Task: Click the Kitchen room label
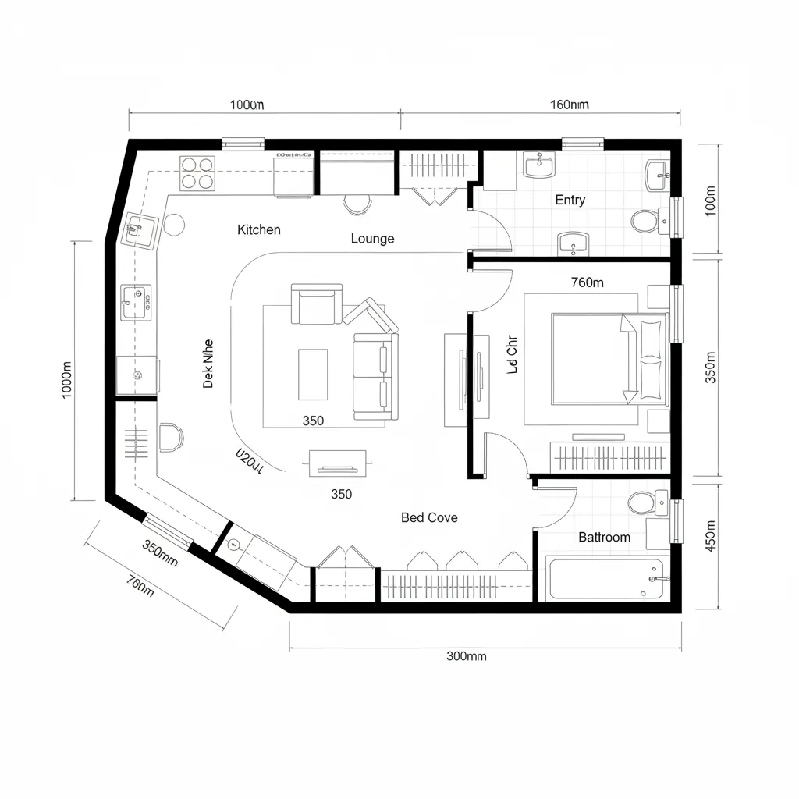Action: point(258,229)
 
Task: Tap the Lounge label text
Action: point(372,239)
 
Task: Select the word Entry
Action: point(570,200)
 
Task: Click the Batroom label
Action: point(604,538)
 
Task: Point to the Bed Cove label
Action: point(429,517)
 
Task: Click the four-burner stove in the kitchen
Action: point(197,173)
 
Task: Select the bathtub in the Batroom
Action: point(605,578)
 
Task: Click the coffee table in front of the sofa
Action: point(313,373)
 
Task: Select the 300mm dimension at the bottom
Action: point(466,656)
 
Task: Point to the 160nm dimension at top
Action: point(569,105)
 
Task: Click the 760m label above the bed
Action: point(587,283)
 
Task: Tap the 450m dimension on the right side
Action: point(710,536)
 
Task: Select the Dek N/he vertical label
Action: point(208,363)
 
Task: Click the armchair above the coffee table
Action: point(316,304)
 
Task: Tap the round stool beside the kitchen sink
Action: point(172,225)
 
